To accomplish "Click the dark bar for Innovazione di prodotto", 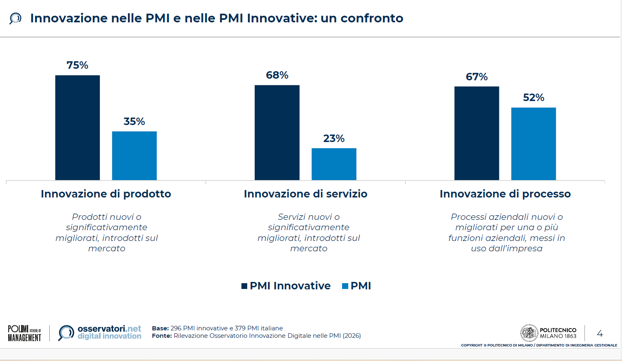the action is (77, 128).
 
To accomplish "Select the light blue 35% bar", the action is (135, 156).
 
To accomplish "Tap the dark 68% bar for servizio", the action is (277, 133).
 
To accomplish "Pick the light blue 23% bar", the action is (334, 164).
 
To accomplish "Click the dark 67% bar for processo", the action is (477, 133).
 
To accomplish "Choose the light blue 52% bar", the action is (534, 144).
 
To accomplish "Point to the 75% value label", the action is (77, 65).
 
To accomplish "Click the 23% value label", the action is (334, 138).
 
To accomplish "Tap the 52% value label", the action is (534, 97).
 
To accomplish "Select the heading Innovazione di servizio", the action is (306, 194).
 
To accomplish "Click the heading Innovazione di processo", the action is (505, 194).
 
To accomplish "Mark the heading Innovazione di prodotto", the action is (106, 194).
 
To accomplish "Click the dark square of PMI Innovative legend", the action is (244, 286).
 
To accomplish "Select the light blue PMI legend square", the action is (345, 286).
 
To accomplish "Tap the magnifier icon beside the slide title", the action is (15, 19).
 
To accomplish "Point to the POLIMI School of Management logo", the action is (24, 333).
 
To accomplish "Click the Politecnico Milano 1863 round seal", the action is (529, 333).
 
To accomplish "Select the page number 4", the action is (600, 333).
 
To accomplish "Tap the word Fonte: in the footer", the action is (162, 336).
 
